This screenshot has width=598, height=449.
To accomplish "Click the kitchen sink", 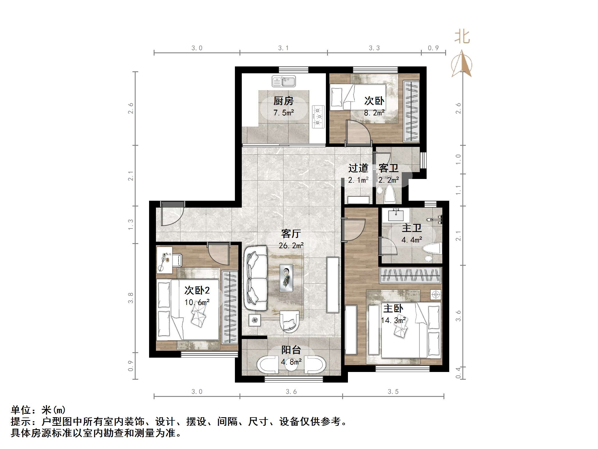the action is tap(284, 81).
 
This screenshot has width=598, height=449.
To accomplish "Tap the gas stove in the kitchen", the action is tap(318, 117).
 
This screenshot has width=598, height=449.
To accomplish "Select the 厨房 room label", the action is tap(283, 101).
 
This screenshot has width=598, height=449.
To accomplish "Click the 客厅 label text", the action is tap(291, 234).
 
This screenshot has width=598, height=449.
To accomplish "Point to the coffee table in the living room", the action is tap(286, 278).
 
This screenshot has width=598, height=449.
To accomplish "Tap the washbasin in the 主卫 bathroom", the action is tap(396, 215).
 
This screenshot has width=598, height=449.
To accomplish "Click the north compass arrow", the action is tap(462, 63).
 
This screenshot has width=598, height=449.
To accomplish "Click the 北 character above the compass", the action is tap(462, 37).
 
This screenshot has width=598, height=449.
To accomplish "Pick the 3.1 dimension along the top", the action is tap(283, 48).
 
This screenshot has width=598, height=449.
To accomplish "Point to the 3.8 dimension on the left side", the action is tap(130, 298).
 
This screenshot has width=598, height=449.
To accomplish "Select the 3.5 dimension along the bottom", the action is tap(393, 392).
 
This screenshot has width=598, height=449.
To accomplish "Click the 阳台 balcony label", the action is tap(291, 350).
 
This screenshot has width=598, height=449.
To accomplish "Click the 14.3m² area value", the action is tap(393, 320).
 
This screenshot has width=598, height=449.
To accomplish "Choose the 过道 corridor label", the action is tap(358, 168).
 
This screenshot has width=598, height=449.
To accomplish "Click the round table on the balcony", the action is tap(291, 365).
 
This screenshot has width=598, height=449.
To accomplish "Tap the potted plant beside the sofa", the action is tap(255, 320).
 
